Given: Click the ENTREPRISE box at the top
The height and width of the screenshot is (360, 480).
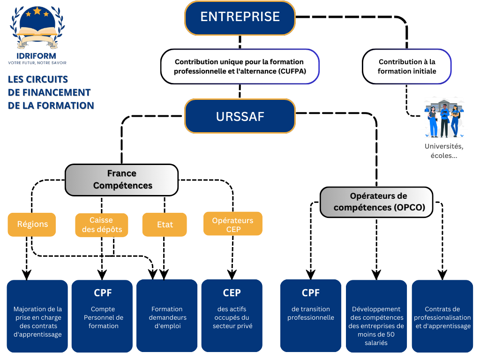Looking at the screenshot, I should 240,17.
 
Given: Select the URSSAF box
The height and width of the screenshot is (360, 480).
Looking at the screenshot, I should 240,116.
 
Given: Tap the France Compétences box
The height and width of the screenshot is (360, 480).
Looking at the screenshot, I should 121,180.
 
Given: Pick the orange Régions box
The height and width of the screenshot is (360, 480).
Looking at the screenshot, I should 32,224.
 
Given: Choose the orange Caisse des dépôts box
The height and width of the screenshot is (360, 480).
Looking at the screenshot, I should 102,225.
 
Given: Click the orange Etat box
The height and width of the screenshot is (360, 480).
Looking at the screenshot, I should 165,225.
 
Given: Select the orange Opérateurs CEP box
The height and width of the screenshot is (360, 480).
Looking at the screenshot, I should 232,225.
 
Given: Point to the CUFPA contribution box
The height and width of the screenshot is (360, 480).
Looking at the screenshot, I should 240,67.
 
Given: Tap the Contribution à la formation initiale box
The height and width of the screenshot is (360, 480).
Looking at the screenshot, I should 407,67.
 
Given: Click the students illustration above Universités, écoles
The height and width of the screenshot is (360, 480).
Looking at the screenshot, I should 443,118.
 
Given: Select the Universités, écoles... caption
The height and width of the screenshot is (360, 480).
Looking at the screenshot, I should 441,151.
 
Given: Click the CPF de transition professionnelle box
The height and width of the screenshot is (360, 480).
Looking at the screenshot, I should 311,315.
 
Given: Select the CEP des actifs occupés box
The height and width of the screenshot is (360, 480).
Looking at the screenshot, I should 232,315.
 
